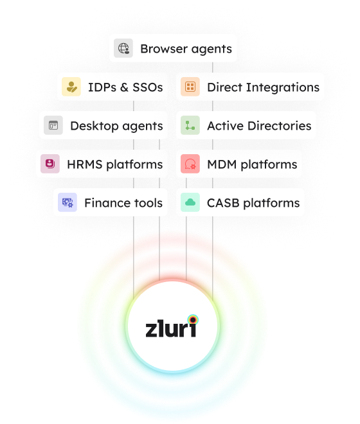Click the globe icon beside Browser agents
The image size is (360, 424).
[x=123, y=48]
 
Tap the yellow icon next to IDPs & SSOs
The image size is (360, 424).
[x=71, y=87]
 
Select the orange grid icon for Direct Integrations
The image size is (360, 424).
[x=190, y=87]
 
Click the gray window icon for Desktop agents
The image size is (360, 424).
[x=53, y=125]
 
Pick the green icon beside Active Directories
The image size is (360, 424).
[x=190, y=125]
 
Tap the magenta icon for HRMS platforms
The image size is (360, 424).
[x=50, y=164]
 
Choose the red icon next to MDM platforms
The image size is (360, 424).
[x=190, y=164]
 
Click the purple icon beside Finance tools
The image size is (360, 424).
[x=67, y=202]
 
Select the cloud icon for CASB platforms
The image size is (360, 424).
[x=190, y=202]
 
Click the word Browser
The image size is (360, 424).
[x=164, y=49]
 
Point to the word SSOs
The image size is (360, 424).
[x=148, y=87]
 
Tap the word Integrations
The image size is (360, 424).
[x=283, y=88]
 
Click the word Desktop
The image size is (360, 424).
[x=94, y=127]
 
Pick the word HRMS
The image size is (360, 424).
[x=85, y=164]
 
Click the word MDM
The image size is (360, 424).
[x=222, y=164]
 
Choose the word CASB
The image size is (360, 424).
[x=223, y=203]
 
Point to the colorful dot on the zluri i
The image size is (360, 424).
[x=193, y=320]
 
